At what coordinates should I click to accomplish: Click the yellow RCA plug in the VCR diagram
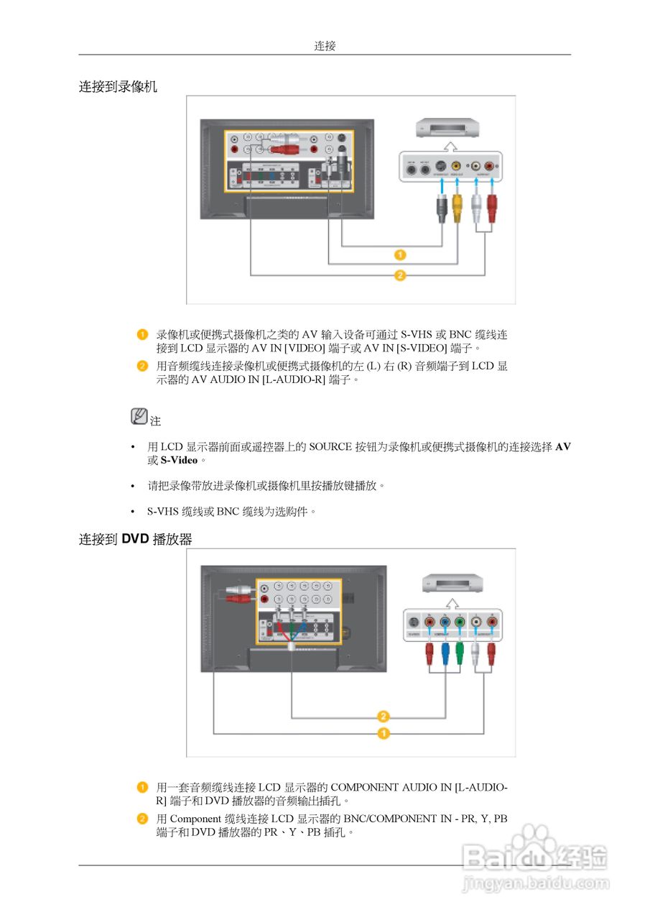pyautogui.click(x=457, y=209)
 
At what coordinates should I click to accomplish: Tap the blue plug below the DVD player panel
pyautogui.click(x=445, y=653)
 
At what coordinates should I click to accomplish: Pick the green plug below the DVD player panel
pyautogui.click(x=460, y=653)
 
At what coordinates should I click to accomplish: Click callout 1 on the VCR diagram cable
pyautogui.click(x=400, y=254)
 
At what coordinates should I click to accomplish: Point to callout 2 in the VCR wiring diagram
pyautogui.click(x=400, y=275)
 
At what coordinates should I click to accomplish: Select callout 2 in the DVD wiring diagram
pyautogui.click(x=384, y=716)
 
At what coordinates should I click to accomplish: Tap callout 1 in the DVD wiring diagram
pyautogui.click(x=384, y=733)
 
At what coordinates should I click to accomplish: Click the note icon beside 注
pyautogui.click(x=139, y=416)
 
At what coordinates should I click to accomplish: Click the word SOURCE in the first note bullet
pyautogui.click(x=330, y=446)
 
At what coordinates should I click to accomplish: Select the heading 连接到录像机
pyautogui.click(x=118, y=87)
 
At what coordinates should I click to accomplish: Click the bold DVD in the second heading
pyautogui.click(x=135, y=539)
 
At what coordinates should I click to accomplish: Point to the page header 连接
pyautogui.click(x=325, y=46)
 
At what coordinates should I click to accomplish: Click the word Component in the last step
pyautogui.click(x=195, y=819)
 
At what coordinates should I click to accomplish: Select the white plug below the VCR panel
pyautogui.click(x=475, y=209)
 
